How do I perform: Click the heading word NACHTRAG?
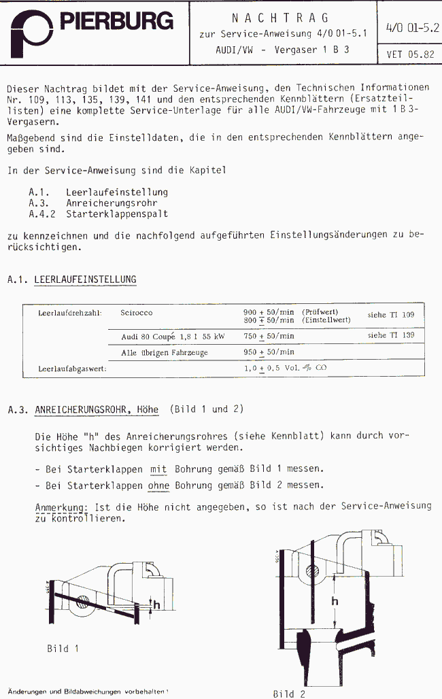[x=282, y=18]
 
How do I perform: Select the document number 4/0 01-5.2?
[x=411, y=29]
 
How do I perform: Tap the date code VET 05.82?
[x=410, y=54]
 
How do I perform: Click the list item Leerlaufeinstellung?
[x=117, y=192]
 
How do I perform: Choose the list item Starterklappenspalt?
[x=117, y=214]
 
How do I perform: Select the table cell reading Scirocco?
[x=137, y=313]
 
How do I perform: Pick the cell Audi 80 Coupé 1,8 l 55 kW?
[x=172, y=336]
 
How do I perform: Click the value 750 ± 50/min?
[x=269, y=336]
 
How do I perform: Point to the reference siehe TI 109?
[x=390, y=315]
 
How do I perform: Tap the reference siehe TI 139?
[x=390, y=335]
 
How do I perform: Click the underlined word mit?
[x=158, y=468]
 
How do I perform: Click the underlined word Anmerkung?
[x=61, y=507]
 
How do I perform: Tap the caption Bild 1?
[x=63, y=648]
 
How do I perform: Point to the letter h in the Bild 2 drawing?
[x=333, y=600]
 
